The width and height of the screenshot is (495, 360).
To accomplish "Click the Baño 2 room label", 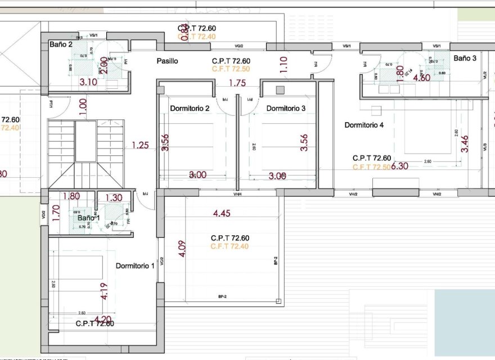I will coord(61,44).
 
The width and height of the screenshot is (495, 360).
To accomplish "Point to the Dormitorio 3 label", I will coord(286,108).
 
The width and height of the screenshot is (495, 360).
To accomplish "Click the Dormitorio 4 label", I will coord(364,125).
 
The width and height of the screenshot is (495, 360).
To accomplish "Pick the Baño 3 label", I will coord(465,58).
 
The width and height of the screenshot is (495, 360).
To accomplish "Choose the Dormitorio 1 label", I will coord(135,265).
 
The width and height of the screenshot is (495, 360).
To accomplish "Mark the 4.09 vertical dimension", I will coord(181,249).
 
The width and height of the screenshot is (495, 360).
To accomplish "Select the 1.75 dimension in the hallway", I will coord(237,83).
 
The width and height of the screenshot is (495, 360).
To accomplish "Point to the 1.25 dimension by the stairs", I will coord(140,145).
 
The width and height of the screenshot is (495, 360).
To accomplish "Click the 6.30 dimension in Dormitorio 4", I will coord(400,166).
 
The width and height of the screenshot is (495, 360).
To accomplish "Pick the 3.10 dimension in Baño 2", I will coord(88,82).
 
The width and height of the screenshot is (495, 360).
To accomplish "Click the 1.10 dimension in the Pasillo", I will coord(283,63).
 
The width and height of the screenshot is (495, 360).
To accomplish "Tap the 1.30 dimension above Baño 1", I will coord(113,197).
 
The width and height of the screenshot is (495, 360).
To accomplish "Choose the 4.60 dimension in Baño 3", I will coord(422,78).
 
